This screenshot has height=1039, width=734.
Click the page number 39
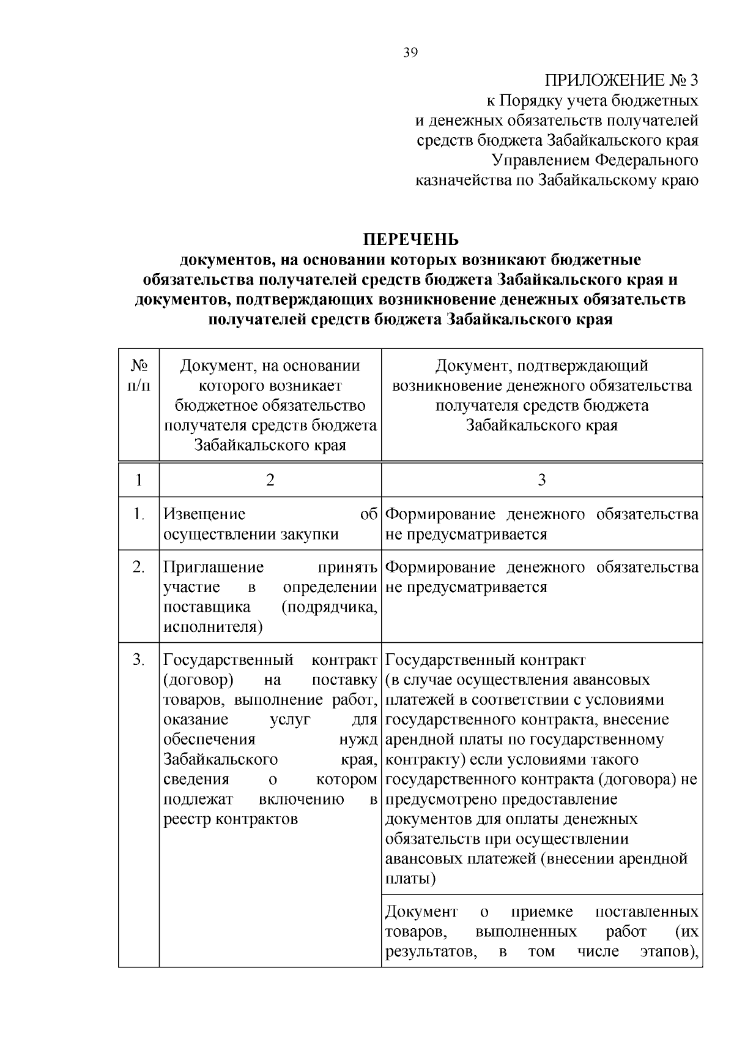(x=410, y=53)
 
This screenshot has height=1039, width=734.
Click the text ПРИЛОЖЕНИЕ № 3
(x=621, y=80)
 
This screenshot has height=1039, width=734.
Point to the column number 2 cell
(x=270, y=479)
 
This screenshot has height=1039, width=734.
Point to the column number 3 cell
(x=541, y=479)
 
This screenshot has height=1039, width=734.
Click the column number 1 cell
(x=139, y=479)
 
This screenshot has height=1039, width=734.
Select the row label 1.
(x=139, y=514)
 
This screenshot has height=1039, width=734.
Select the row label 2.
(x=139, y=567)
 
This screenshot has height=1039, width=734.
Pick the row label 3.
(x=139, y=660)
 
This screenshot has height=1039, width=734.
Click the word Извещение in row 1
(x=204, y=514)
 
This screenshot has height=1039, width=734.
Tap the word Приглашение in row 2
(x=213, y=567)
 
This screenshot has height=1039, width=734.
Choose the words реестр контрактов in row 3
(x=231, y=819)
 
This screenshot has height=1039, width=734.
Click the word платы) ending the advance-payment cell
(x=410, y=879)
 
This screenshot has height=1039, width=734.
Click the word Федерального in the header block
(x=647, y=160)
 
